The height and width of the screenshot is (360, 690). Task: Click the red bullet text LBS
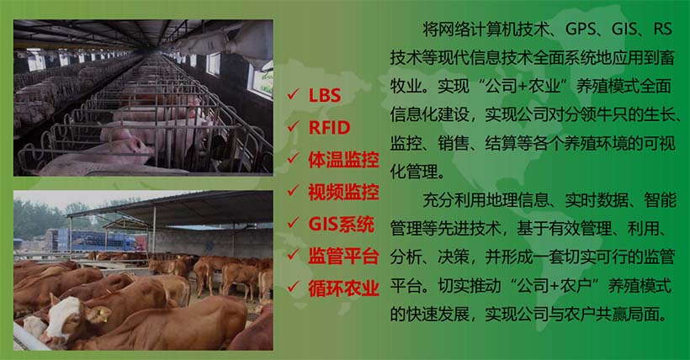[x=325, y=95]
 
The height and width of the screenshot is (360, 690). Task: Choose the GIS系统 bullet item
[x=342, y=223]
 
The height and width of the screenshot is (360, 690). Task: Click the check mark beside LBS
[x=293, y=95]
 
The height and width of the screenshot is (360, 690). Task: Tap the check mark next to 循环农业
[x=293, y=287]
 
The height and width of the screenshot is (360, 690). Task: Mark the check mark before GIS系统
[x=293, y=223]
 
